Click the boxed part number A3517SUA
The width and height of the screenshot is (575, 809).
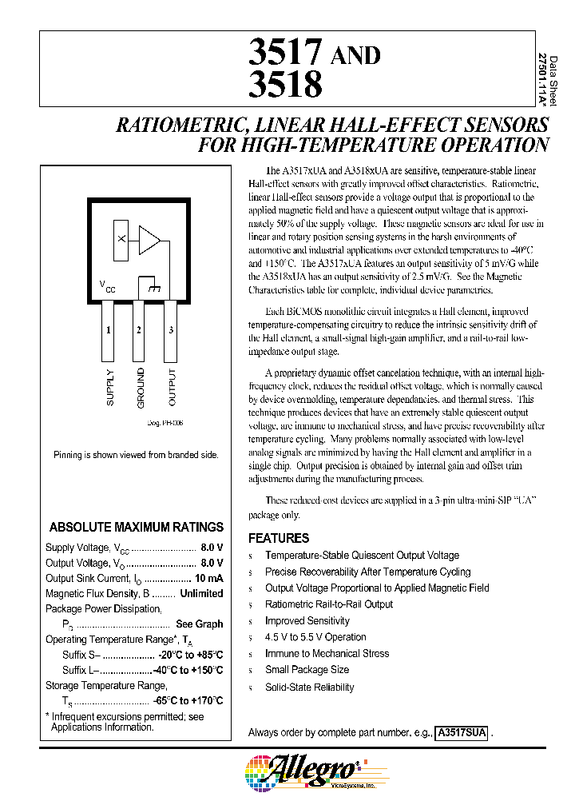(461, 732)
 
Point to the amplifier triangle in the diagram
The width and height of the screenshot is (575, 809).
(149, 238)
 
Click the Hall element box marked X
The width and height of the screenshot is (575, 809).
(121, 238)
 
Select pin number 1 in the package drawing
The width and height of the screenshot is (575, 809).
(109, 330)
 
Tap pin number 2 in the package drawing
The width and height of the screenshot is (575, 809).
(139, 330)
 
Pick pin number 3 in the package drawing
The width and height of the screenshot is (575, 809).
(170, 330)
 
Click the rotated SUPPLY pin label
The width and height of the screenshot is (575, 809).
(109, 387)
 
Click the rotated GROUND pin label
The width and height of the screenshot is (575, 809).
(141, 387)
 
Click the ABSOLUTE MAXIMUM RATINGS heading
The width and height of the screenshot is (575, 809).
(137, 528)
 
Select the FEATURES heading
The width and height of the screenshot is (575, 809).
(279, 538)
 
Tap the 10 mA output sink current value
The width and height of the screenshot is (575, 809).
(208, 578)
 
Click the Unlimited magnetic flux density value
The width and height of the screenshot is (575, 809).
(201, 593)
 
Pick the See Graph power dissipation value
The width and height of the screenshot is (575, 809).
(199, 624)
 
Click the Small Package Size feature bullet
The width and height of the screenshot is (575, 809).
(307, 670)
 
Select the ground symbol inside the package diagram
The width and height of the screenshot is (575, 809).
(149, 286)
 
